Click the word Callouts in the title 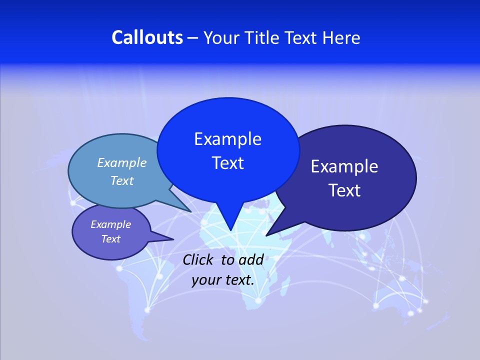(147, 37)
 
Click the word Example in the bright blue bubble (227, 139)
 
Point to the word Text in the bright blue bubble (227, 163)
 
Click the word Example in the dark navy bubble (344, 166)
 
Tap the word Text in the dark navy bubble (344, 190)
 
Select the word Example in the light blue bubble (122, 162)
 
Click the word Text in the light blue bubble (122, 181)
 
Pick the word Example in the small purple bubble (110, 224)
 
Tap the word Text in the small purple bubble (110, 239)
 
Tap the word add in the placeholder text (251, 259)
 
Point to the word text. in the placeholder (239, 280)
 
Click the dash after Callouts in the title (193, 38)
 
